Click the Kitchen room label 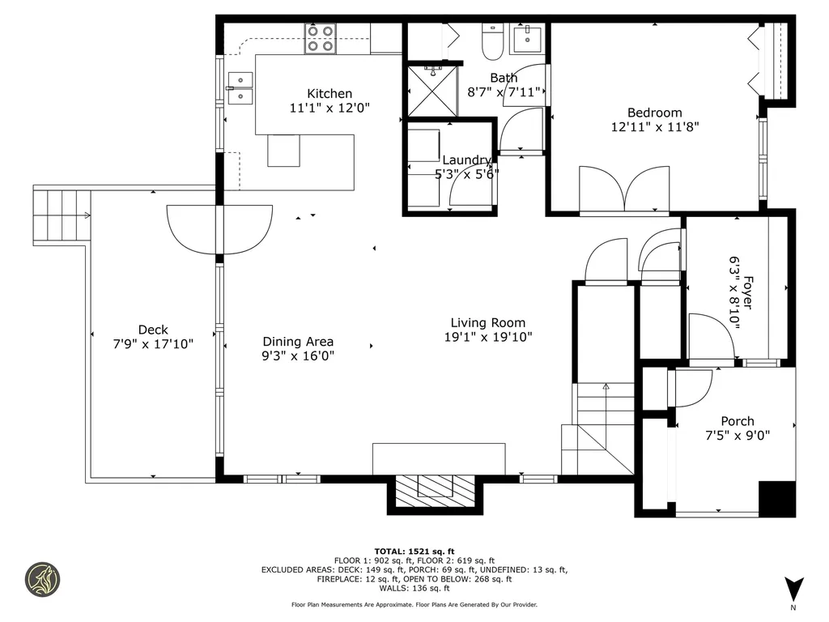coord(329,94)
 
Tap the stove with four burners coord(321,39)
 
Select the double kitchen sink coord(240,88)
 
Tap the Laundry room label coord(466,160)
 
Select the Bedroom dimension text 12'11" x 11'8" coord(655,126)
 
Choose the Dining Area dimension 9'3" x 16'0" coord(298,356)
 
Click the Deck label coord(153,330)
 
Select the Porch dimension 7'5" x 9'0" coord(737,435)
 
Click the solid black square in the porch coord(776,498)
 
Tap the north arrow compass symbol coord(793,589)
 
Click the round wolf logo coord(42,580)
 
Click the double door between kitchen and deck coord(219,229)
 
